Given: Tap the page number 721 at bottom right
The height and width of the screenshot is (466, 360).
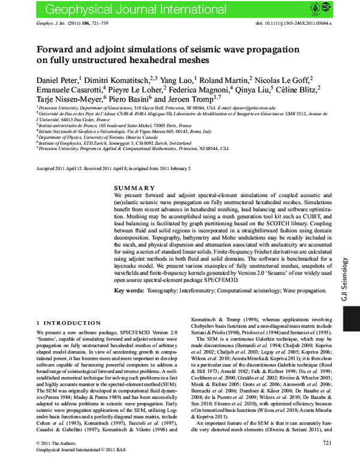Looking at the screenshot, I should (327, 459).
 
